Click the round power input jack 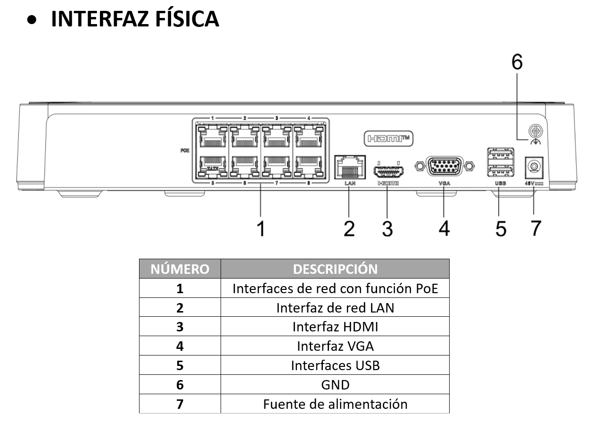tap(534, 167)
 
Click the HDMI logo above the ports tap(390, 138)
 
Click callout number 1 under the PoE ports tap(261, 228)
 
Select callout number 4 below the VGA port tap(444, 228)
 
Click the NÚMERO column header tap(180, 269)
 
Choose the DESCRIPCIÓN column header tap(335, 269)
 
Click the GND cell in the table tap(335, 385)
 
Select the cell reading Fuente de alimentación tap(335, 404)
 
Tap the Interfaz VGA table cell tap(335, 346)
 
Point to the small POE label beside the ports tap(185, 151)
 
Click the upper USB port tap(500, 154)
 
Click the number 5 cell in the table tap(180, 365)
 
